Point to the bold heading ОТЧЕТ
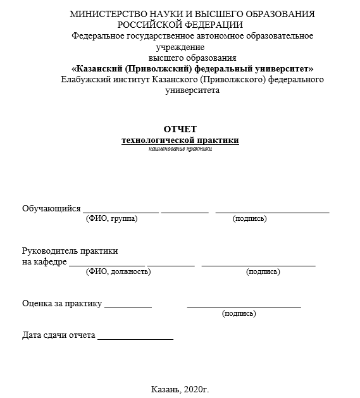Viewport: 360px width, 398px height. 180,129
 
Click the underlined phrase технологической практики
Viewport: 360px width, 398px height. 180,140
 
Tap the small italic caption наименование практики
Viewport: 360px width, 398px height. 180,149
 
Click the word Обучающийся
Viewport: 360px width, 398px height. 51,208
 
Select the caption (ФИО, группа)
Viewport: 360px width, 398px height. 111,218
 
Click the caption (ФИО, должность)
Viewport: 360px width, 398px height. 118,271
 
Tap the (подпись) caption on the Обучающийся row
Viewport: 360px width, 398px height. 250,218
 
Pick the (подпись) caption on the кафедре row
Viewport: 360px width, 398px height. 263,271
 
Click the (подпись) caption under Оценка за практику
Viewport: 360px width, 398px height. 239,313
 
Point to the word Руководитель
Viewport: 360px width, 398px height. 50,251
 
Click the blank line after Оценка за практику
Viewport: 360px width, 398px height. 128,306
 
